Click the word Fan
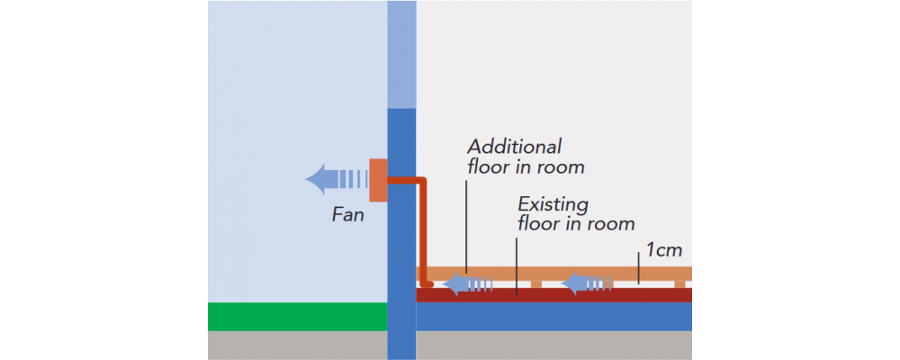(x=348, y=216)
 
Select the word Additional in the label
(x=514, y=146)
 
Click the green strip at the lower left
(x=297, y=317)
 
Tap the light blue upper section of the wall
(x=401, y=54)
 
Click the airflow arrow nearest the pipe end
(x=468, y=284)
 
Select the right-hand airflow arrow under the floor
(x=587, y=284)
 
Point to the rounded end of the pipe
(x=427, y=284)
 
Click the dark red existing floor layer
(x=630, y=295)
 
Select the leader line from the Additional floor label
(x=466, y=225)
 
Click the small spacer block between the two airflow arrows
(x=536, y=284)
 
